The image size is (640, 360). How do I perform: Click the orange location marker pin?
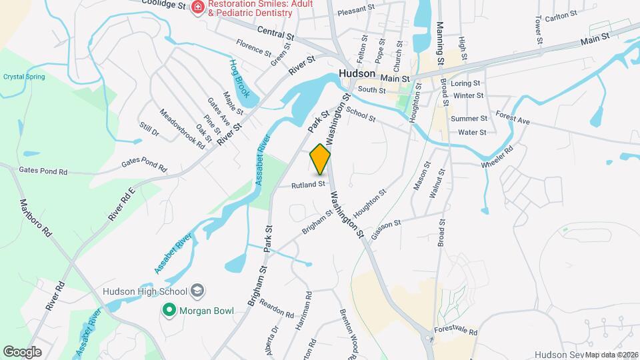tap(321, 159)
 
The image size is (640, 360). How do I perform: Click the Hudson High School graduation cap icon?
tap(198, 291)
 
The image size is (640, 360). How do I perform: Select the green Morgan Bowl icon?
tap(169, 310)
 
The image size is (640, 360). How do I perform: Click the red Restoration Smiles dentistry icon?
tap(197, 7)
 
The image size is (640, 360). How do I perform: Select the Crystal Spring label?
tap(24, 77)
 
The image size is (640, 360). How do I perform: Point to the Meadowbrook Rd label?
tap(182, 129)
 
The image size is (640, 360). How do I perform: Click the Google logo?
tap(23, 351)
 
